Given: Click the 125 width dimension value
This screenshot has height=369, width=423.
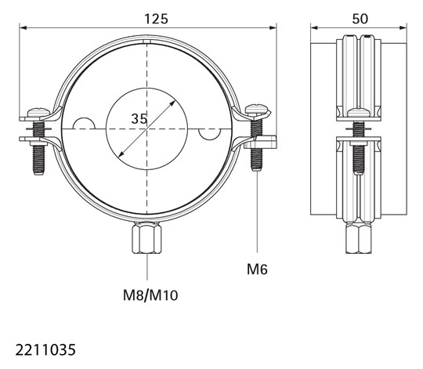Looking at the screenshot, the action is tap(156, 19).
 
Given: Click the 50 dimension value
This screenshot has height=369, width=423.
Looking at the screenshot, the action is tap(360, 19).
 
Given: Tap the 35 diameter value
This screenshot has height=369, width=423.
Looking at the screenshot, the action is tap(139, 118).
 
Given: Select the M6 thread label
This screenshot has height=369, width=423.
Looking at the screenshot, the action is tap(257, 270).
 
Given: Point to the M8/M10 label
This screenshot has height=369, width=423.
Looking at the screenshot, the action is tap(150, 295).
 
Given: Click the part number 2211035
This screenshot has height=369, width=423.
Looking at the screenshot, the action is tap(45, 350).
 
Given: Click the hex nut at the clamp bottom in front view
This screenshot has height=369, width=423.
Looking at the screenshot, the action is tap(146, 237).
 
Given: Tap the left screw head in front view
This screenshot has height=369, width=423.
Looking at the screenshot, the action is tap(39, 112).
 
